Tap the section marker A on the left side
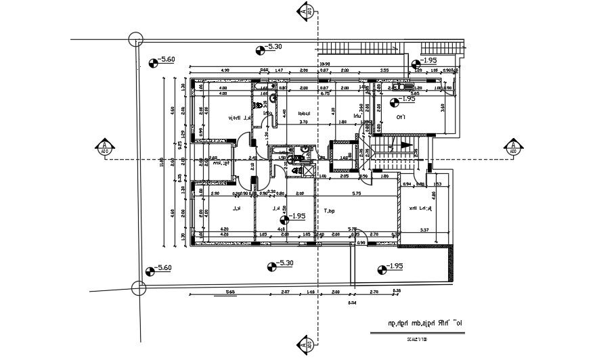[104, 147]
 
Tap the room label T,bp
[330, 211]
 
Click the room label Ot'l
[401, 118]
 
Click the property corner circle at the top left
[137, 39]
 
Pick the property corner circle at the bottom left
[139, 288]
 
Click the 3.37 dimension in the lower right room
[423, 231]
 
